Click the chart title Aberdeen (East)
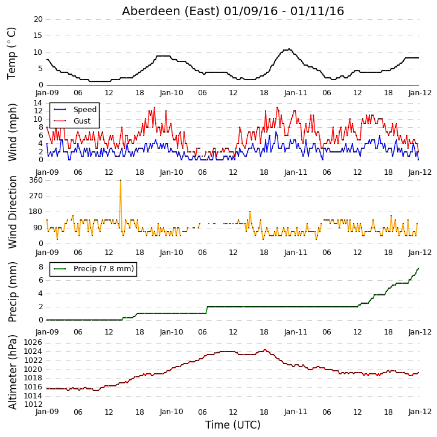point(171,11)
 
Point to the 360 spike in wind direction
point(121,180)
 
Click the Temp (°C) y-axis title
point(11,54)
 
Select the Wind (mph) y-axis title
point(12,132)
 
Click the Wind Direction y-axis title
point(12,212)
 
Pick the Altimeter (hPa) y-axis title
point(12,372)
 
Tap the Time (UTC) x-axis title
point(233,425)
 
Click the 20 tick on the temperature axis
point(38,19)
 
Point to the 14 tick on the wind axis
point(38,103)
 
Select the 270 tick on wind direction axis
point(36,196)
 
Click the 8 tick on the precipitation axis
point(40,267)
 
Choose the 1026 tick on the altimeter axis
point(33,342)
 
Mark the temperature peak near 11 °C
point(289,49)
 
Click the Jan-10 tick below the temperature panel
point(171,93)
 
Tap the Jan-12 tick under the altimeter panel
point(419,412)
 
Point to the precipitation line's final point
point(418,268)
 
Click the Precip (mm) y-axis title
point(12,292)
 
